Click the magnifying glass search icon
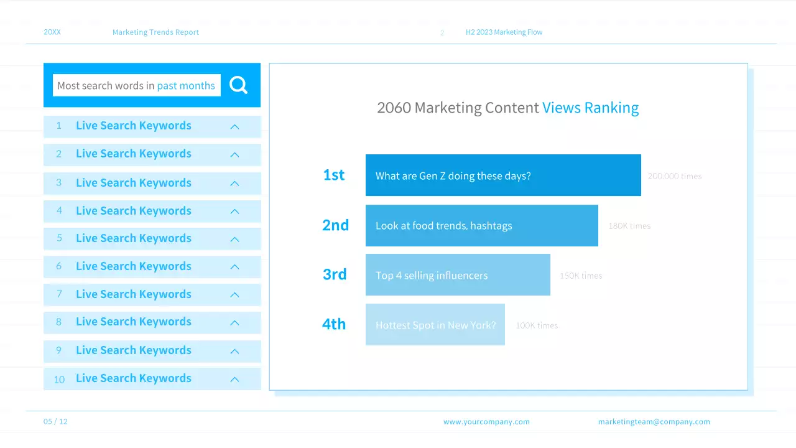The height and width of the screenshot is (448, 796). coord(238,85)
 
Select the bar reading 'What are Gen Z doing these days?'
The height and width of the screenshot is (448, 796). coord(503,175)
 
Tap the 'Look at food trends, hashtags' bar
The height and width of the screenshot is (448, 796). coord(481,225)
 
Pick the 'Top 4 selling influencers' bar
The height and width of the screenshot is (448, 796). coord(458,275)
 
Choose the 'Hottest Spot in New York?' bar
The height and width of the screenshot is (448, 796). coord(435,325)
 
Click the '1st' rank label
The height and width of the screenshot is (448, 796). coord(334,175)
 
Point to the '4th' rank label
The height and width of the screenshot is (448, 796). coord(334,324)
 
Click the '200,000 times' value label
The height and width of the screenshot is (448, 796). coord(675,176)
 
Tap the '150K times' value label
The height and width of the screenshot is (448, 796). coord(581,276)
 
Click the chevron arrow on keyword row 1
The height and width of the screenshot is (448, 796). coord(234,127)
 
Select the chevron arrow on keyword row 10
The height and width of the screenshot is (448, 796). coord(234,379)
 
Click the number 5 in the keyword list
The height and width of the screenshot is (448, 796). coord(59,238)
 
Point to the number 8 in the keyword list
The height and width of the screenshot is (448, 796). coord(59,322)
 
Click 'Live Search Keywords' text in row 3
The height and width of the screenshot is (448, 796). coord(134,183)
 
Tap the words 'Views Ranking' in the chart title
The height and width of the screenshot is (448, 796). coord(590,108)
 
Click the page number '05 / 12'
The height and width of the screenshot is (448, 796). coord(55,421)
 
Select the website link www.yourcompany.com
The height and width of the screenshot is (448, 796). coord(486,422)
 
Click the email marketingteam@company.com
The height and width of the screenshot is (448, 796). coord(654,422)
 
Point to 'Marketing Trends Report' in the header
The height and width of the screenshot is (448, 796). coord(155,32)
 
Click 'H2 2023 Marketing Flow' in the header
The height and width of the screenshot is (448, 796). coord(504,32)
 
